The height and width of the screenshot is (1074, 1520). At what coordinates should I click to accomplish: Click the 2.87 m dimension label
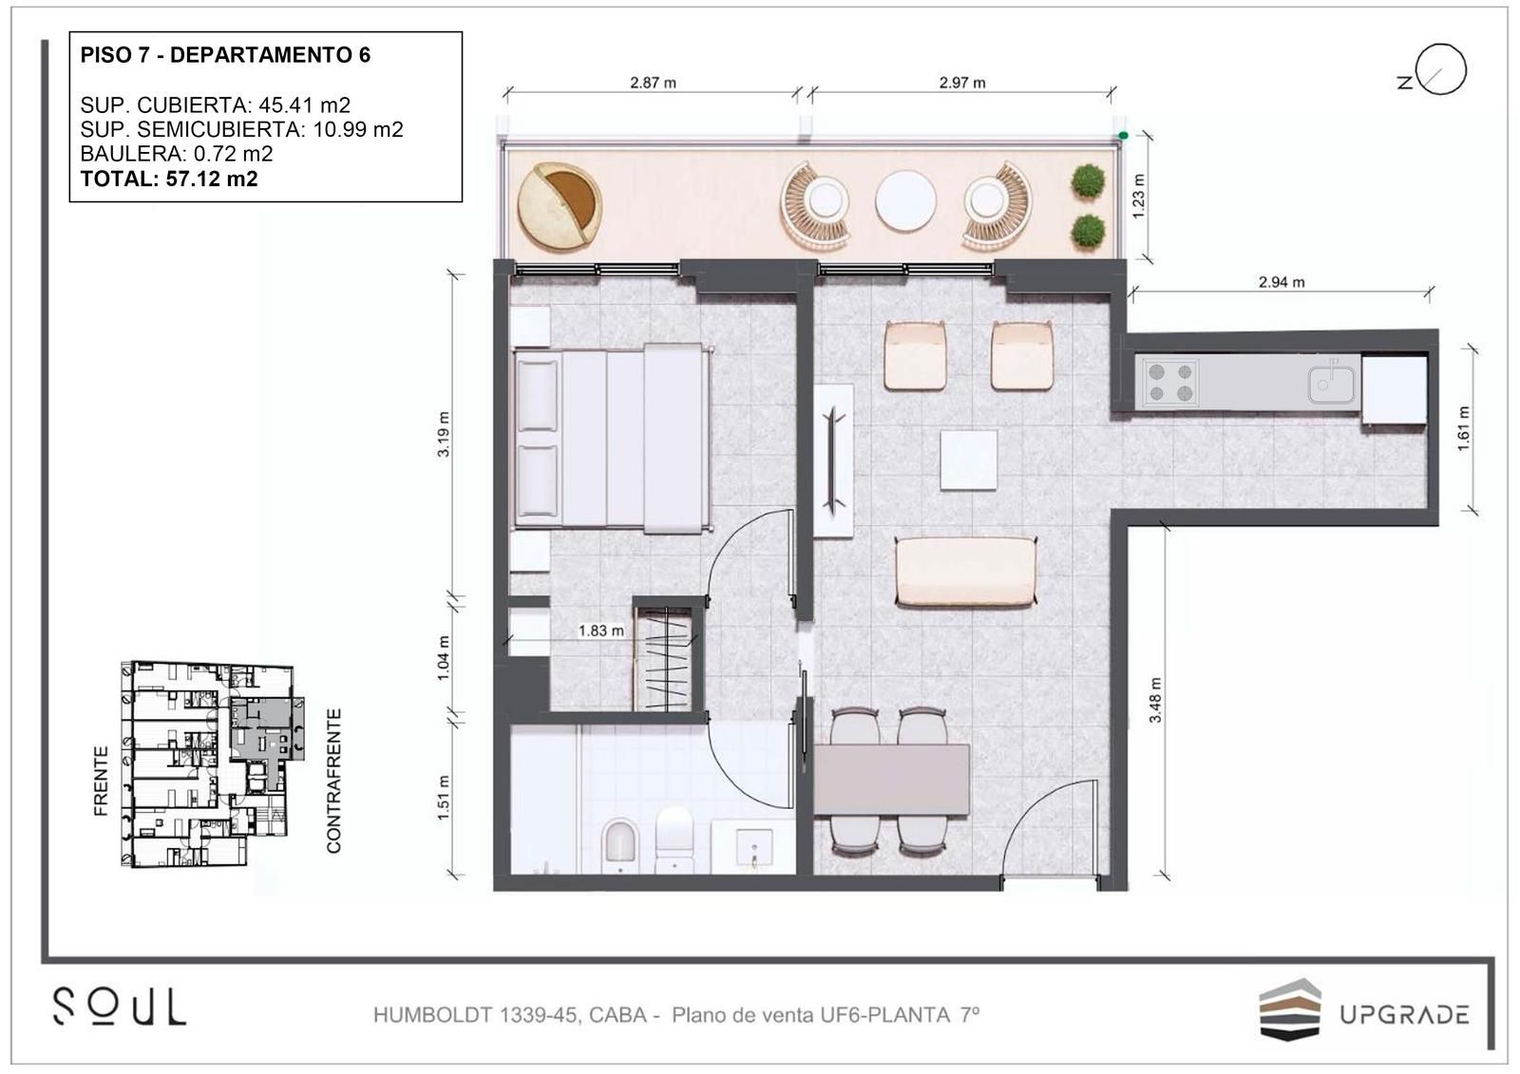(653, 83)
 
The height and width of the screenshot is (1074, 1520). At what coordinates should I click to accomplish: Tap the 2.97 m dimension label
(962, 83)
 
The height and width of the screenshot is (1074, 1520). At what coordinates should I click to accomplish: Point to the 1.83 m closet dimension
(600, 631)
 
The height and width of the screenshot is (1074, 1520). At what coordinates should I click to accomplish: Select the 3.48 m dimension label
(1155, 700)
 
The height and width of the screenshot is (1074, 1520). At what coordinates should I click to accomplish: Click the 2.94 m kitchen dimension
(1282, 282)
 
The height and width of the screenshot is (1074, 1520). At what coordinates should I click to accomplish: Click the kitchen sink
(1331, 384)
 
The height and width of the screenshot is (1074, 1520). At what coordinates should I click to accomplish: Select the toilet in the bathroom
(674, 839)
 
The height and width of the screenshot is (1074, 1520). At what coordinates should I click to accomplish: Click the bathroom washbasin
(753, 847)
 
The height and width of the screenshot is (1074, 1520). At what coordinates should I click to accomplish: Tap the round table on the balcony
(905, 200)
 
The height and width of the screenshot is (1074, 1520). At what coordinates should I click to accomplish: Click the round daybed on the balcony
(560, 206)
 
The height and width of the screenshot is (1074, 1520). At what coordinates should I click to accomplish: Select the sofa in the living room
(966, 571)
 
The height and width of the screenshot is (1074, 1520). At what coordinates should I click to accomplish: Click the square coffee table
(968, 460)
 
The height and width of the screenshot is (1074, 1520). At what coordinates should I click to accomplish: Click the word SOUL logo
(120, 1007)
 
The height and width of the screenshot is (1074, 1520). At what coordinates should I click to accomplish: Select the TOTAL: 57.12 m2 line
(169, 179)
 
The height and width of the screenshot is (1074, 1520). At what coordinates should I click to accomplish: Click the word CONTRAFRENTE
(333, 781)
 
